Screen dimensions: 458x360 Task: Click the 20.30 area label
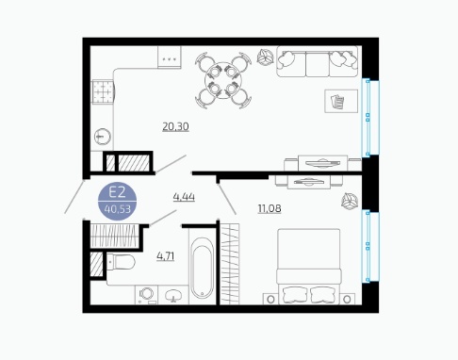pyautogui.click(x=175, y=126)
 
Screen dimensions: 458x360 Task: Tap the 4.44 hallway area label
pyautogui.click(x=184, y=197)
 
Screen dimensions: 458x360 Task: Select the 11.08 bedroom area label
pyautogui.click(x=270, y=208)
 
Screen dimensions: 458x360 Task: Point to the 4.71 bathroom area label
pyautogui.click(x=166, y=256)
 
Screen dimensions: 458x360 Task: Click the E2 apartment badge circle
pyautogui.click(x=117, y=201)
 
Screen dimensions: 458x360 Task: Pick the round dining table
pyautogui.click(x=223, y=81)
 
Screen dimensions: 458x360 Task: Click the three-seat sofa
pyautogui.click(x=318, y=61)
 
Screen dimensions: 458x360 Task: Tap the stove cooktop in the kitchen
pyautogui.click(x=103, y=91)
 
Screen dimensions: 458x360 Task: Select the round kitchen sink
pyautogui.click(x=103, y=137)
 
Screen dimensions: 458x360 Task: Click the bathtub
pyautogui.click(x=202, y=268)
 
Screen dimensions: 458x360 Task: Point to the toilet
pyautogui.click(x=121, y=262)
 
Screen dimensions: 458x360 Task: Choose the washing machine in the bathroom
pyautogui.click(x=146, y=295)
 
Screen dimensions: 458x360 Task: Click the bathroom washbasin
pyautogui.click(x=173, y=295)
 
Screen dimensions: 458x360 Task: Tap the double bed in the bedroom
pyautogui.click(x=309, y=267)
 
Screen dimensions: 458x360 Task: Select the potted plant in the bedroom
pyautogui.click(x=350, y=201)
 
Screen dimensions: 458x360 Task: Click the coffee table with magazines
pyautogui.click(x=341, y=101)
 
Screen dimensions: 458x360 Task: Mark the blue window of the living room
pyautogui.click(x=370, y=118)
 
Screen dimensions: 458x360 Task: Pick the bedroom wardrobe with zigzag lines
pyautogui.click(x=230, y=264)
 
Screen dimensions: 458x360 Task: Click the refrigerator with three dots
pyautogui.click(x=170, y=57)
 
